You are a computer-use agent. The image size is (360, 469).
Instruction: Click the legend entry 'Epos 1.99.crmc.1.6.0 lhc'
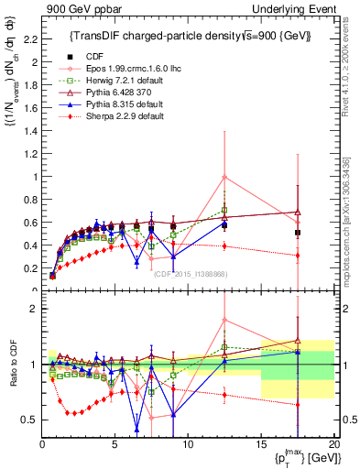127,69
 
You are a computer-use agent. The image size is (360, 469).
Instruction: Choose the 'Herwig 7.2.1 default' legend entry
120,81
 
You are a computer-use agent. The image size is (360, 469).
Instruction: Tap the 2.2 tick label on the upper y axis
29,39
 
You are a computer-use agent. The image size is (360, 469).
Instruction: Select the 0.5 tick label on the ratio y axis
29,420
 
